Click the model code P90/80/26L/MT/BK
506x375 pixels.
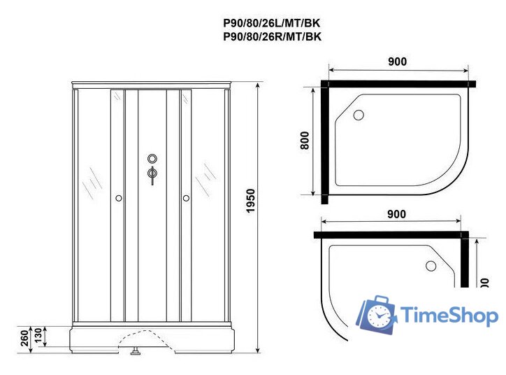coord(272,23)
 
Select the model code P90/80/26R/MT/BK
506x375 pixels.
coord(272,37)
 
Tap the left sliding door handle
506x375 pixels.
coord(119,199)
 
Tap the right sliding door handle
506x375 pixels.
coord(186,199)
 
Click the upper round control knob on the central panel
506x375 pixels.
coord(152,160)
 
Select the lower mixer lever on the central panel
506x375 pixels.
coord(152,175)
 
